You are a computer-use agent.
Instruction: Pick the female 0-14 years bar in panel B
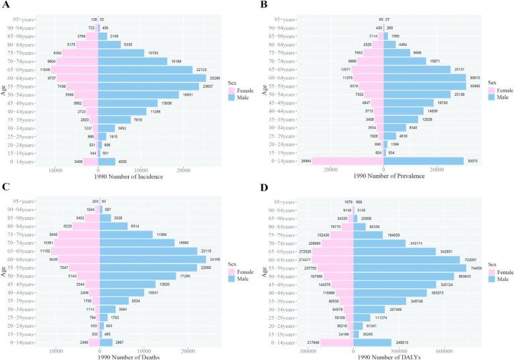coord(348,161)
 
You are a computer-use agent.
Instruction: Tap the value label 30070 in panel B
coord(472,161)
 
